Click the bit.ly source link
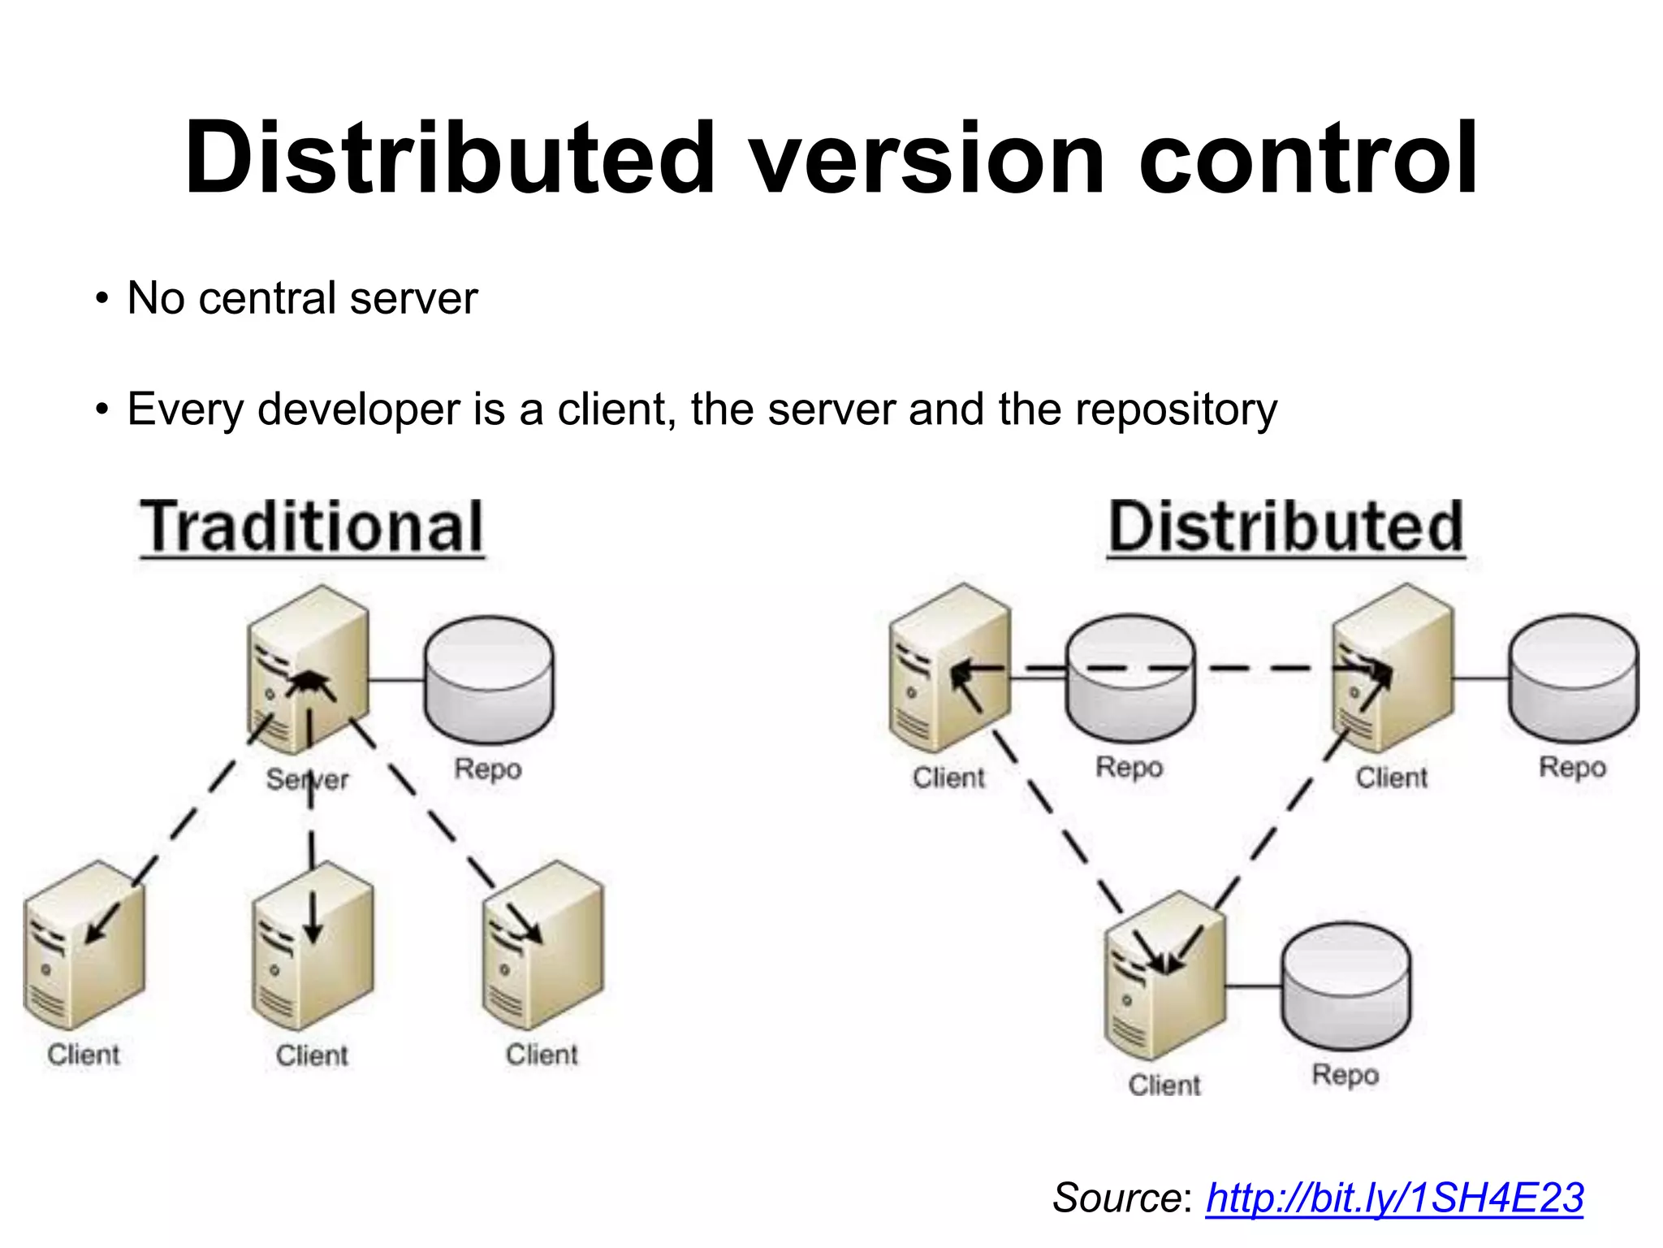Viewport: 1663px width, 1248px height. click(1394, 1198)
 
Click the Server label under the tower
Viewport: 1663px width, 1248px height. click(307, 780)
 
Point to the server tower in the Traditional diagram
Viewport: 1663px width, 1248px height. click(308, 670)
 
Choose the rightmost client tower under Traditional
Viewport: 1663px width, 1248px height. click(542, 947)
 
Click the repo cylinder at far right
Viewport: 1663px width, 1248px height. click(1573, 678)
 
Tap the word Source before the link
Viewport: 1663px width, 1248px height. click(1118, 1198)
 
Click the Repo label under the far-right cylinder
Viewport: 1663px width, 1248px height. click(1572, 767)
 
